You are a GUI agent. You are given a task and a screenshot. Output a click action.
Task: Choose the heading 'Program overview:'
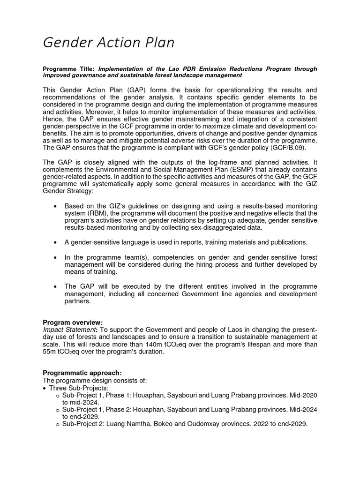click(x=73, y=322)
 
